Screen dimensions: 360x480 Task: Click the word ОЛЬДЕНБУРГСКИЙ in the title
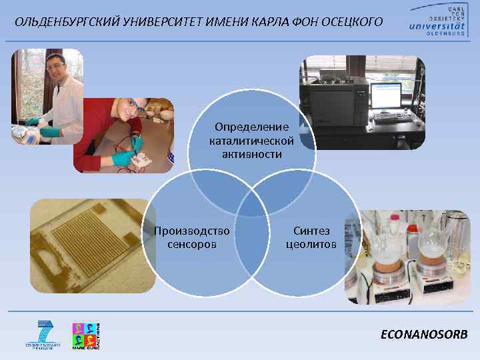61,23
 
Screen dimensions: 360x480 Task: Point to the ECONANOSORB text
424,335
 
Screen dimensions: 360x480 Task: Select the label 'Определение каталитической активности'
251,140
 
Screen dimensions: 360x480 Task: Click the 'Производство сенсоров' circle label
192,237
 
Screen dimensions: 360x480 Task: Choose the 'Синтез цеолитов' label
311,237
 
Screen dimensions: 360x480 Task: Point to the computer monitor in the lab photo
385,97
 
